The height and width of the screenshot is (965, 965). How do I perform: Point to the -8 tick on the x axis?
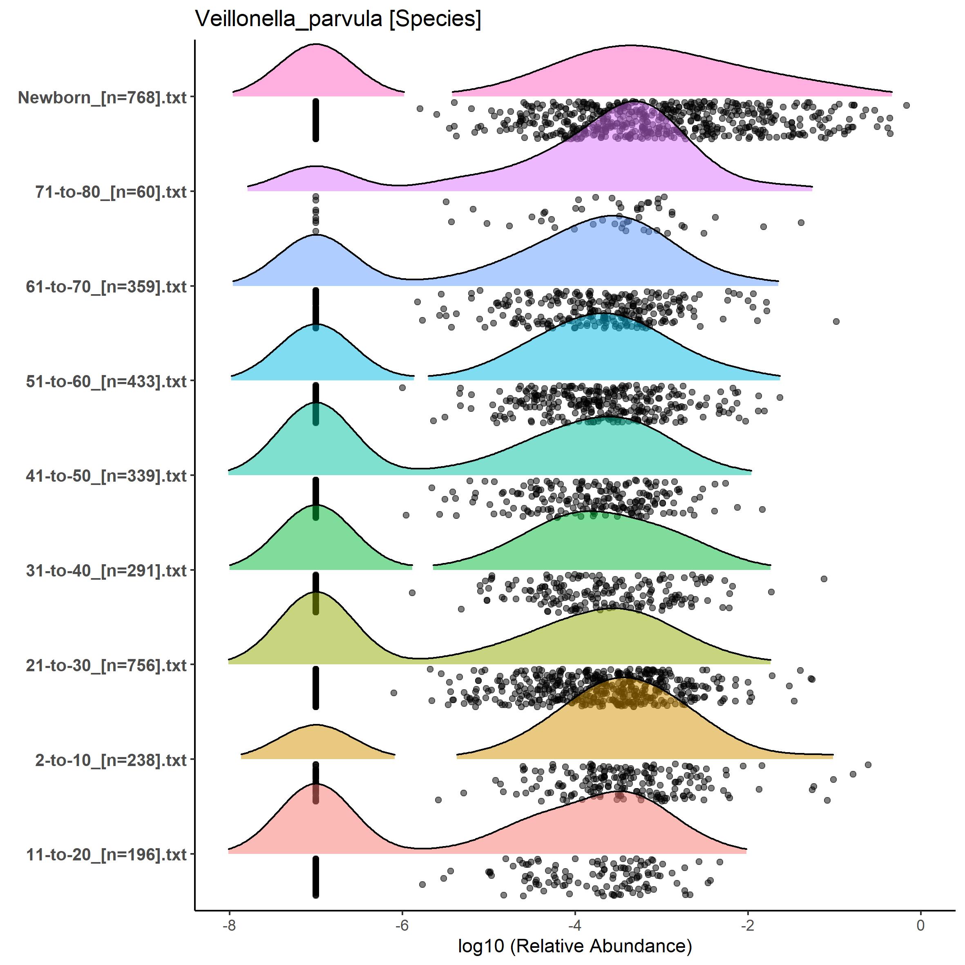pos(229,925)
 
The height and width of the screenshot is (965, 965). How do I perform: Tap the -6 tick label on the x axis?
pos(402,925)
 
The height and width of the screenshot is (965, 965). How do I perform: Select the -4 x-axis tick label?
pos(575,925)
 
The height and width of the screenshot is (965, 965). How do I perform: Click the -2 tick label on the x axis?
pos(747,925)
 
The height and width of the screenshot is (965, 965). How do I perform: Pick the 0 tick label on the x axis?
pos(920,925)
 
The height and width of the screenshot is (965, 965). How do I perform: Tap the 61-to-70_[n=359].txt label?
pos(106,287)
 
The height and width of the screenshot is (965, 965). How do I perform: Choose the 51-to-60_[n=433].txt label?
pos(106,381)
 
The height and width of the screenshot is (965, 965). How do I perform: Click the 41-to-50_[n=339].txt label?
pos(106,476)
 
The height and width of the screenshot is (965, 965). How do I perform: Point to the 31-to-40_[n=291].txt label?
pos(106,570)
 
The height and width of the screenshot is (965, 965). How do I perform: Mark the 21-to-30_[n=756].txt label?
pos(106,665)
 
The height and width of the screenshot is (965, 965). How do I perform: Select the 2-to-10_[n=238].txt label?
pos(110,760)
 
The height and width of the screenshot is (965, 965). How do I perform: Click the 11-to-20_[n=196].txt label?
pos(106,855)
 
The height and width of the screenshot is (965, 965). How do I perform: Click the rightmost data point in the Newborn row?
pos(907,105)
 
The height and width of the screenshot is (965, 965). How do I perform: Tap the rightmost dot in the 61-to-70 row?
pos(836,321)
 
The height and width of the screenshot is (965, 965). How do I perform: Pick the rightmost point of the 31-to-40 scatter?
pos(824,579)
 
